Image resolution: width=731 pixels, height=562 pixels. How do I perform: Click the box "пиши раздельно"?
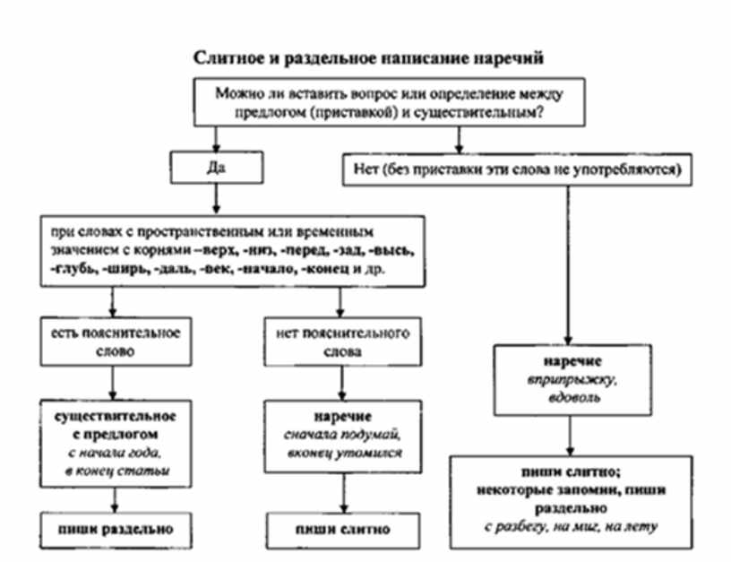(x=112, y=527)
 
